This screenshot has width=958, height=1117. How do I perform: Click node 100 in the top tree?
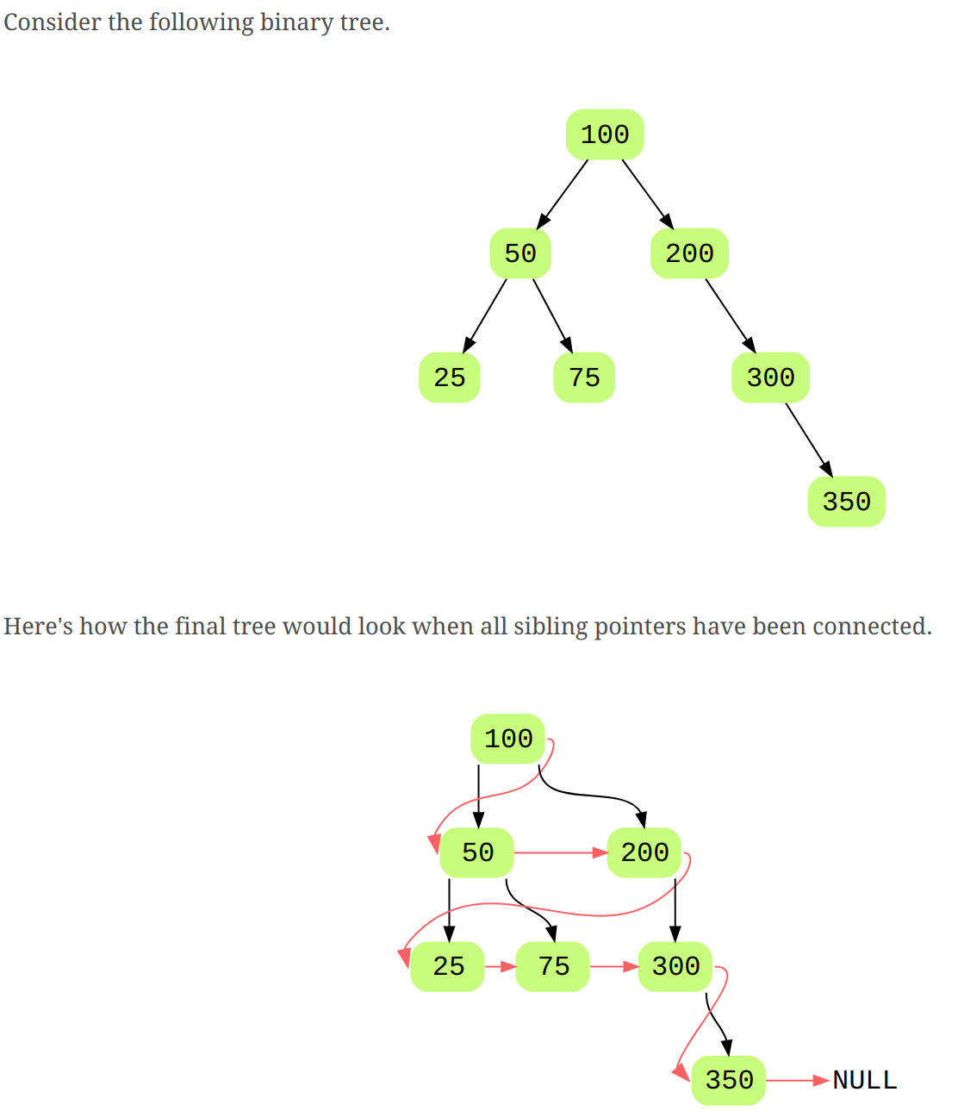(x=605, y=134)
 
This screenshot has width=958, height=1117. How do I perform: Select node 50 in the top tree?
(x=520, y=253)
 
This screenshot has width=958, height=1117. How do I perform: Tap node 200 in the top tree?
(x=689, y=253)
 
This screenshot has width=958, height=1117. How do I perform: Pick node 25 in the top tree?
(x=450, y=378)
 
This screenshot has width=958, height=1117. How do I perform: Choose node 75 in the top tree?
(x=584, y=378)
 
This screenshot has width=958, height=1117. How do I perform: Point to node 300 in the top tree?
(x=770, y=378)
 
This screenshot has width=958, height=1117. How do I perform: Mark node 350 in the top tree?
(x=846, y=502)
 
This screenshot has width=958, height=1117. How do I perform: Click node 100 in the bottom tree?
(x=508, y=739)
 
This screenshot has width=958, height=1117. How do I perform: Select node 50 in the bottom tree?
(x=477, y=852)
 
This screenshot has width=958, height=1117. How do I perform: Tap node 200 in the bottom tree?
(x=644, y=852)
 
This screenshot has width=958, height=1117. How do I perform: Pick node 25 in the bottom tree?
(x=448, y=966)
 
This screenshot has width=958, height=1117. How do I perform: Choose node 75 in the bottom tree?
(x=553, y=966)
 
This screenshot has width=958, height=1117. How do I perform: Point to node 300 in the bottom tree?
(x=675, y=966)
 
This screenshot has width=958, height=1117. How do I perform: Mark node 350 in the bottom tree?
(x=729, y=1080)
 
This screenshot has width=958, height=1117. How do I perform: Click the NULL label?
(x=865, y=1080)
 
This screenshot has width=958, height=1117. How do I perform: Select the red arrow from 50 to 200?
(x=560, y=852)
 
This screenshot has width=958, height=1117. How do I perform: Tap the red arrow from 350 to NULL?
(x=798, y=1080)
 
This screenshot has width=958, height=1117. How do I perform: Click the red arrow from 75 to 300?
(x=613, y=966)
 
